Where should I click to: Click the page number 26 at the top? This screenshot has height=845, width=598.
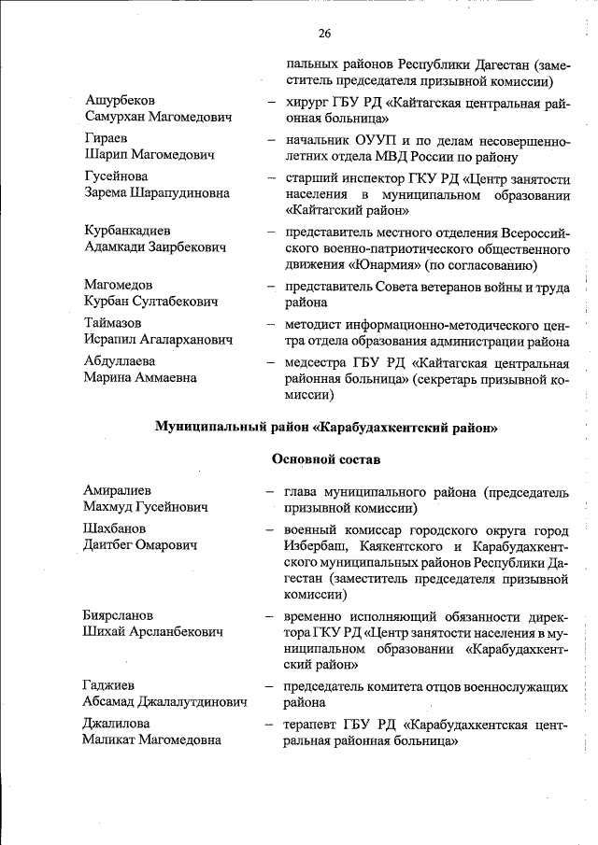(x=325, y=34)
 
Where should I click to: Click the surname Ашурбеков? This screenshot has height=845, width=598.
(x=121, y=100)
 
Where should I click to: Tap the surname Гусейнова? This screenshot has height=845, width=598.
(x=116, y=176)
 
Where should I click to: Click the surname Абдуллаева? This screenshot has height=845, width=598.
(x=120, y=360)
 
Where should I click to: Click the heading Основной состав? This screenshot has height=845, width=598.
(x=326, y=459)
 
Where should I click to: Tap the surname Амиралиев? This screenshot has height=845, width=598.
(x=117, y=490)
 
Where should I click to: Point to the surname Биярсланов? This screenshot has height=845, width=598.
(x=118, y=616)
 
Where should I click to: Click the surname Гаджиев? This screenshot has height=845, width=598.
(x=107, y=686)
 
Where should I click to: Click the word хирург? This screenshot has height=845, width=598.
(x=308, y=101)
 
